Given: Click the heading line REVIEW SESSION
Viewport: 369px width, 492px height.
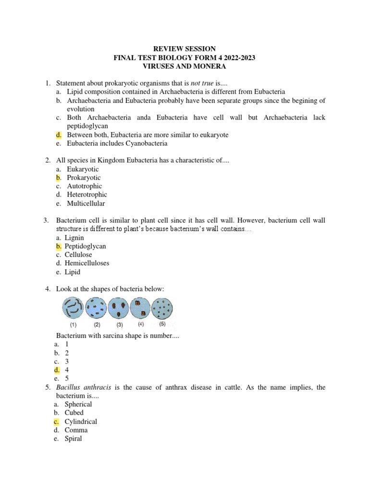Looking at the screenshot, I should point(184,49).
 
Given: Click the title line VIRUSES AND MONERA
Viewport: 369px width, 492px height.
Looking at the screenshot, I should point(184,66).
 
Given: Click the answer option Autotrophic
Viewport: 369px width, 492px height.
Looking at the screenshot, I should point(84,186).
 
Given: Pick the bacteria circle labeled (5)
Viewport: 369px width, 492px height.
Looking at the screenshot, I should point(163,307).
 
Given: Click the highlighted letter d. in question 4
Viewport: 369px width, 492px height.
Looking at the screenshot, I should point(57,370).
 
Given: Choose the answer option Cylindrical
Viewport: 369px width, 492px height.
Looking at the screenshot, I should point(81,421).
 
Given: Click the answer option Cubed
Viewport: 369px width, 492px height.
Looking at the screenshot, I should point(74,413).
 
